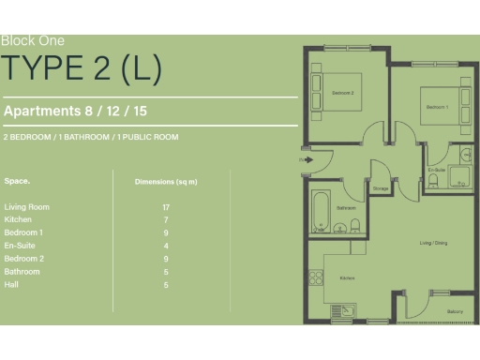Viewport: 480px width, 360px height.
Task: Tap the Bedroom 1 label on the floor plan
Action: [x=437, y=108]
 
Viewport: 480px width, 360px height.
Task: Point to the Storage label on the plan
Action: [x=381, y=188]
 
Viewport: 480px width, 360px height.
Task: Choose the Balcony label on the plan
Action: [x=455, y=311]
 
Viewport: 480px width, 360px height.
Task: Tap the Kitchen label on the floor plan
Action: [x=347, y=278]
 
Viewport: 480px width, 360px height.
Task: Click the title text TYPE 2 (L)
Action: [x=82, y=68]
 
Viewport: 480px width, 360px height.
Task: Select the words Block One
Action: [x=33, y=40]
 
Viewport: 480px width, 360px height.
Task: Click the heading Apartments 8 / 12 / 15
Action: [x=76, y=111]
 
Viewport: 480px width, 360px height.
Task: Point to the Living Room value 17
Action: [x=166, y=206]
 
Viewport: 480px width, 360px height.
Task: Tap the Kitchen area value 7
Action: [x=166, y=219]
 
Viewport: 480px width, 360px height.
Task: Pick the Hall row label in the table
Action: [x=11, y=284]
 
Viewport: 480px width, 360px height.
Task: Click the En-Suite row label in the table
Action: [x=21, y=245]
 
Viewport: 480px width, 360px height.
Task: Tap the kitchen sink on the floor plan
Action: [x=348, y=309]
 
